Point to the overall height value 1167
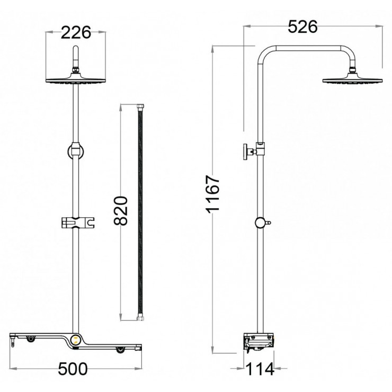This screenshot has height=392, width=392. [x=212, y=194]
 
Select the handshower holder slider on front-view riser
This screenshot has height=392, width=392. [x=77, y=223]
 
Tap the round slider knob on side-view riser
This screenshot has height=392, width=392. [x=260, y=223]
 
